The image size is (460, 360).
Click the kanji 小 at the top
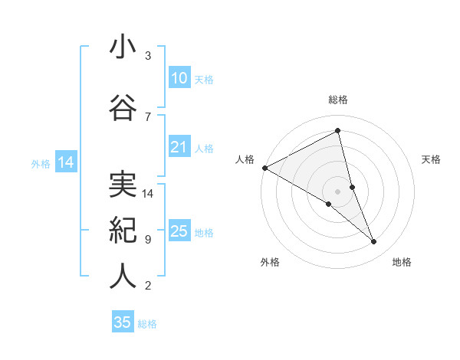point(123,47)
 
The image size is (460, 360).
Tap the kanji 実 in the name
point(123,183)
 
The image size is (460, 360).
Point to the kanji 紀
point(123,230)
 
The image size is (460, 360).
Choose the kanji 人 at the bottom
point(123,277)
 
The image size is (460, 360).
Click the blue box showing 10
point(179,78)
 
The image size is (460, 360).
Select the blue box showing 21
point(179,148)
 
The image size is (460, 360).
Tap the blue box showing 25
point(179,231)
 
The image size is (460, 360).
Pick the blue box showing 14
point(65,162)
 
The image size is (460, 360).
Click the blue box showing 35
point(123,322)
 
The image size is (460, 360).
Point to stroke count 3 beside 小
point(148,56)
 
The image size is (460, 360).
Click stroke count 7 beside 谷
point(148,116)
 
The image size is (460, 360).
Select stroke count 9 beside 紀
point(148,240)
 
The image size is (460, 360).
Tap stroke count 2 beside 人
point(148,286)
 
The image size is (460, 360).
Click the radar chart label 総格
point(338,100)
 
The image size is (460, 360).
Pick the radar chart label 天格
point(431,159)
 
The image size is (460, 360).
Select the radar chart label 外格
point(270,262)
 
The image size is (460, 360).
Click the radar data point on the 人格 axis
point(264,167)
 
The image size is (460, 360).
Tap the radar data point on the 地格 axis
point(374,242)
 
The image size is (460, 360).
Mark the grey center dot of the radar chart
point(337,191)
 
